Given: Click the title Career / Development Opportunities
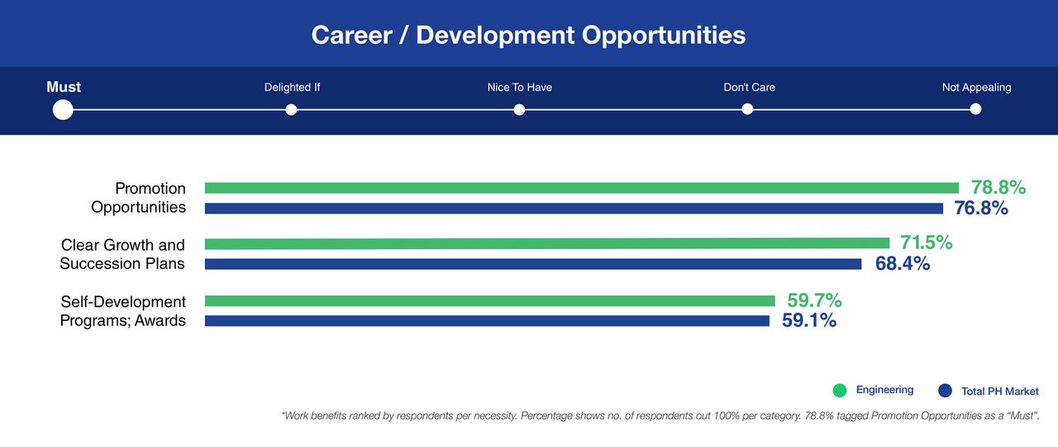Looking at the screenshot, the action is pyautogui.click(x=528, y=35).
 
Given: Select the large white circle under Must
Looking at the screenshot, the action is pyautogui.click(x=63, y=110).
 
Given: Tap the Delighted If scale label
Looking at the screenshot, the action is pyautogui.click(x=292, y=87).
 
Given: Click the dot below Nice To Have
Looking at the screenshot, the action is pyautogui.click(x=519, y=110).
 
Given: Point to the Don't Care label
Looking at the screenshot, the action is pyautogui.click(x=749, y=87).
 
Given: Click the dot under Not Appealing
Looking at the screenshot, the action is pyautogui.click(x=975, y=109).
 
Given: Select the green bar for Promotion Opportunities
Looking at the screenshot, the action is pyautogui.click(x=582, y=188).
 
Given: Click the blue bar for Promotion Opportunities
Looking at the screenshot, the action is pyautogui.click(x=574, y=208).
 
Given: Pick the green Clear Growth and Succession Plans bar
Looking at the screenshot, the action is pyautogui.click(x=547, y=243).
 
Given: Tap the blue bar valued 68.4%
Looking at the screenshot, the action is pyautogui.click(x=533, y=264).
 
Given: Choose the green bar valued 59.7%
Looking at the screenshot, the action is pyautogui.click(x=490, y=300).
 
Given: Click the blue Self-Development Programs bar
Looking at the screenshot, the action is pyautogui.click(x=487, y=320).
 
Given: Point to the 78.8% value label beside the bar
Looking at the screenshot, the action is pyautogui.click(x=998, y=187).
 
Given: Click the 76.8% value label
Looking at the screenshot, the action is pyautogui.click(x=981, y=208).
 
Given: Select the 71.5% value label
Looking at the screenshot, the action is pyautogui.click(x=927, y=243).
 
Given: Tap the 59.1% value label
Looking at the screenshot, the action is pyautogui.click(x=809, y=320).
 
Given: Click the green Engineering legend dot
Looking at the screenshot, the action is pyautogui.click(x=840, y=390).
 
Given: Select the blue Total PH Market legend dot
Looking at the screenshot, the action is pyautogui.click(x=945, y=390).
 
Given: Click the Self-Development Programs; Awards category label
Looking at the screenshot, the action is pyautogui.click(x=123, y=311).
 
